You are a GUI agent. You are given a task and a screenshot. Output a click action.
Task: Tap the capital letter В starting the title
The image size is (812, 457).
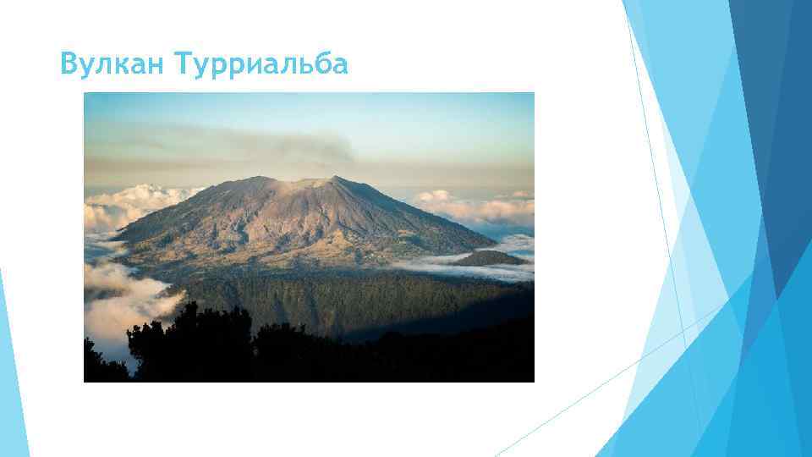coord(69,63)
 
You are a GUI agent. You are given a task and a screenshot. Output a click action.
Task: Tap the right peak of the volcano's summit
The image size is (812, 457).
coord(332,178)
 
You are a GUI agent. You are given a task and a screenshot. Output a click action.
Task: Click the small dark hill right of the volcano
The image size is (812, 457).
coord(486,257)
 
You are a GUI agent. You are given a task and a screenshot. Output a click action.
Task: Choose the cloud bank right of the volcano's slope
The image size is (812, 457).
coord(474,207)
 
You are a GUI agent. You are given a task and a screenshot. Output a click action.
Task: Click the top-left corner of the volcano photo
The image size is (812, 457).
coord(85,93)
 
